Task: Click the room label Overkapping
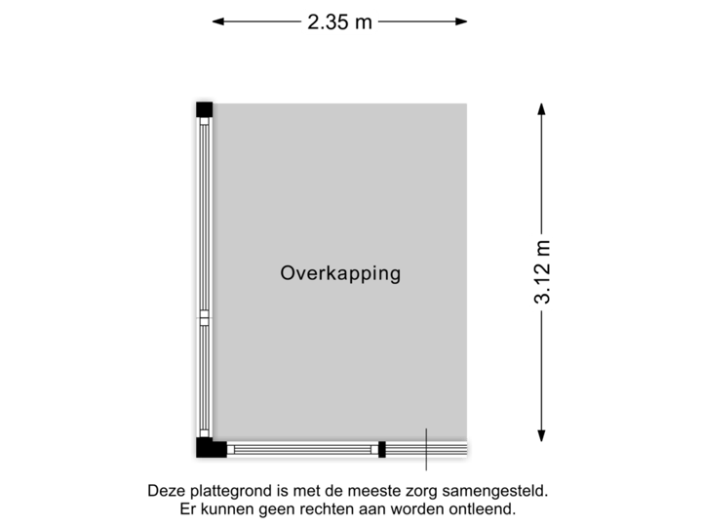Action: (340, 274)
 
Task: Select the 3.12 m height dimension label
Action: (543, 272)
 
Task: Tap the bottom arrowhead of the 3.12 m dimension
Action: (543, 440)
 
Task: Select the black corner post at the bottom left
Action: (206, 450)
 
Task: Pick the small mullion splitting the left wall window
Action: (204, 317)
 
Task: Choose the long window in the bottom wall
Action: (302, 450)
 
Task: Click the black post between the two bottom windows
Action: (381, 450)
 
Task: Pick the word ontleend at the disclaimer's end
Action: (484, 509)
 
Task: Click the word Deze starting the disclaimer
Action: (165, 491)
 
